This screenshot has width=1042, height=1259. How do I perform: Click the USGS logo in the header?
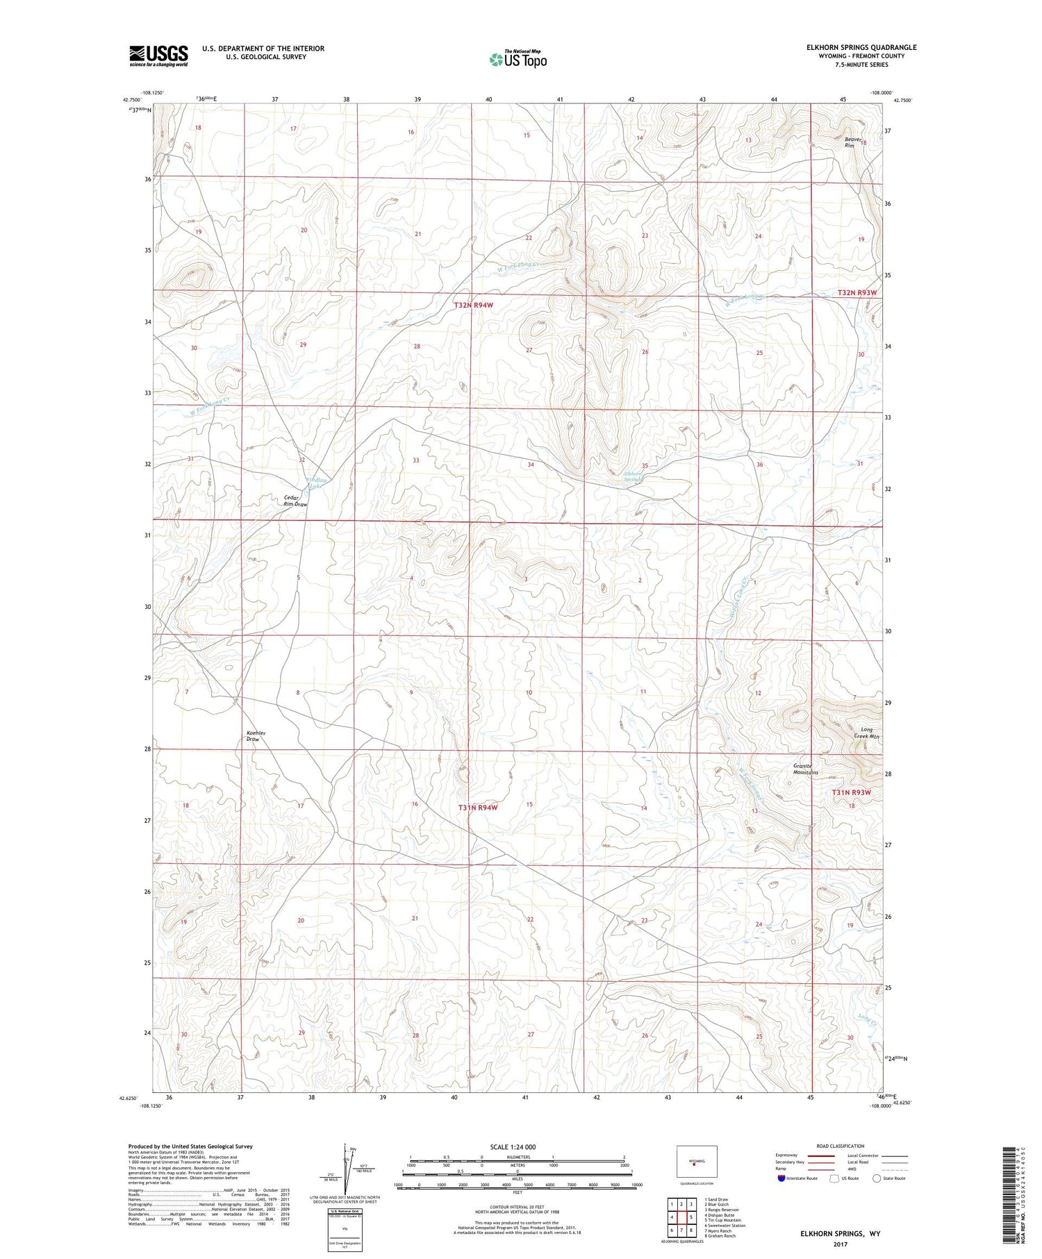click(x=158, y=56)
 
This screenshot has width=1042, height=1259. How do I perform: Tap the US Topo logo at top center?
click(x=518, y=59)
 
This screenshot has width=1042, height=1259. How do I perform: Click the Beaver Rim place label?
click(x=853, y=142)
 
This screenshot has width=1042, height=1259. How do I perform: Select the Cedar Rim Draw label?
click(x=295, y=501)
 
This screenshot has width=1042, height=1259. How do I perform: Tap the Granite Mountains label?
click(x=806, y=769)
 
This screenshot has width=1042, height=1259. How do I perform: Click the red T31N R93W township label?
click(x=852, y=792)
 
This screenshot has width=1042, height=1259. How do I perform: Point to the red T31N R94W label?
click(x=478, y=808)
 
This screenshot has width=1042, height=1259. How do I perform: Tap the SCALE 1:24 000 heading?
click(x=513, y=1147)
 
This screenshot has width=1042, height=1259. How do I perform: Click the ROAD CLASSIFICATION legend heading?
click(x=841, y=1146)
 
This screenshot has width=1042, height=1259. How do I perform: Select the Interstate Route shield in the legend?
click(x=781, y=1178)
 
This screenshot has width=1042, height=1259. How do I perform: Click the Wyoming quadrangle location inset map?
click(x=696, y=1160)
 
